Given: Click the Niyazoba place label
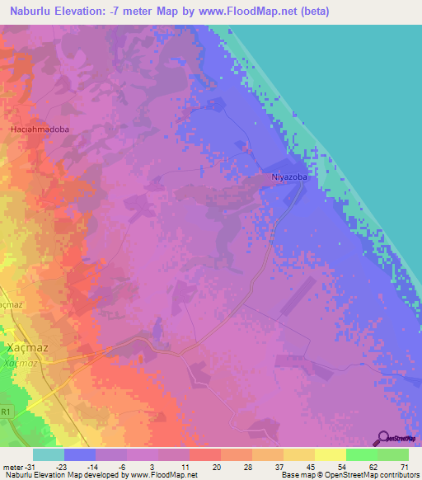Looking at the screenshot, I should pyautogui.click(x=289, y=176).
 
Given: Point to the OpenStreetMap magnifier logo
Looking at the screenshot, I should pyautogui.click(x=381, y=438).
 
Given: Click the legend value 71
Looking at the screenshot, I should pyautogui.click(x=404, y=466).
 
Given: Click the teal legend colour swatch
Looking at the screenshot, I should pyautogui.click(x=48, y=454).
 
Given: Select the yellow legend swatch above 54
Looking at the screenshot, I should pyautogui.click(x=330, y=454).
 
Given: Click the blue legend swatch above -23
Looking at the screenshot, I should pyautogui.click(x=79, y=454).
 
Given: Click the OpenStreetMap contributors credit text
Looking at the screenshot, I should pyautogui.click(x=374, y=475).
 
